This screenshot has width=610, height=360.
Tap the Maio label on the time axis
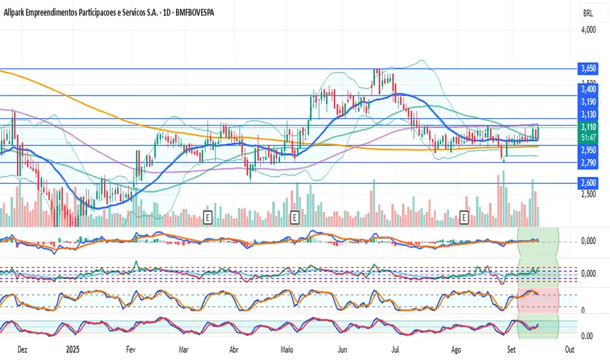click(x=287, y=350)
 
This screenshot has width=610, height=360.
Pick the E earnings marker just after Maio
click(x=294, y=215)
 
